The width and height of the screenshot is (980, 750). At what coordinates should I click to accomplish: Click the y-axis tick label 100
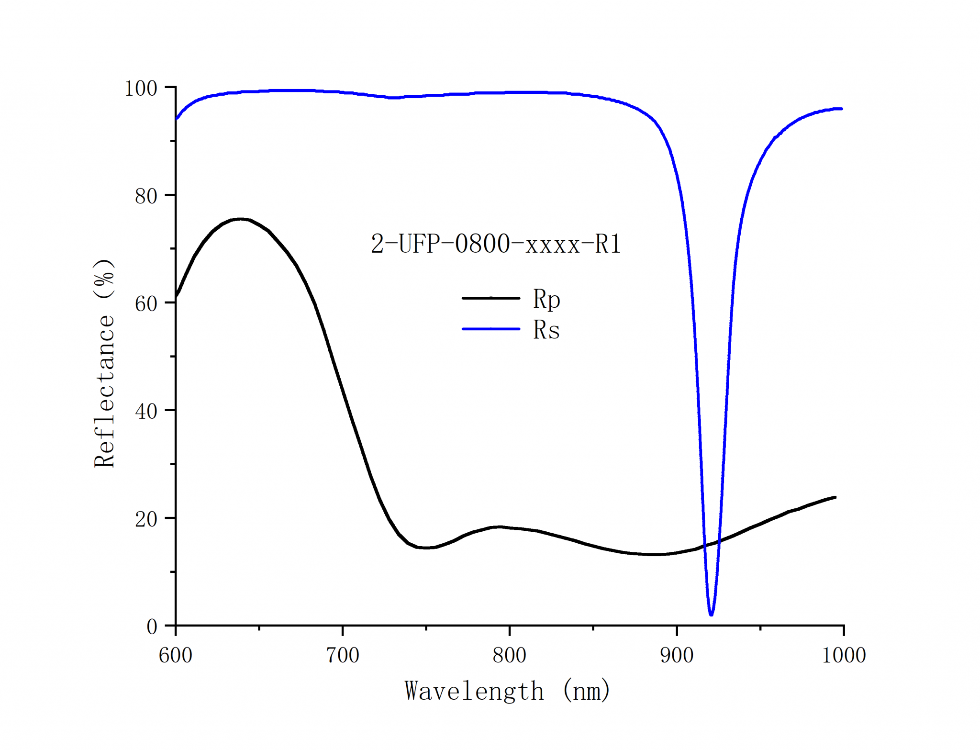[x=141, y=89]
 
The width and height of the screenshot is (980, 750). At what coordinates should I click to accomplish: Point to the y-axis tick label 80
[x=146, y=196]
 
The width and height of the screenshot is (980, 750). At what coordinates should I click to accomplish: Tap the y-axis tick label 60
[x=146, y=304]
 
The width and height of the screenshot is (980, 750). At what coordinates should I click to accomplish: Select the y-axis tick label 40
[x=146, y=412]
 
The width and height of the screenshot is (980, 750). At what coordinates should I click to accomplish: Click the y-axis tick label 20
[x=146, y=519]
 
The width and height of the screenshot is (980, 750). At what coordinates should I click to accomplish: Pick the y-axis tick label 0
[x=152, y=627]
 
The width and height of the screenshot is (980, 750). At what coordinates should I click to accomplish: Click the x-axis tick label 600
[x=176, y=655]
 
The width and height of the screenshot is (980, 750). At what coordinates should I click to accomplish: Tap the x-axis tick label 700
[x=343, y=655]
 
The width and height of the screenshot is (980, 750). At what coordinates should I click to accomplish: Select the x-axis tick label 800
[x=510, y=655]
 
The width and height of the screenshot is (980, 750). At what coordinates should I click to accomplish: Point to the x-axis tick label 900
[x=677, y=655]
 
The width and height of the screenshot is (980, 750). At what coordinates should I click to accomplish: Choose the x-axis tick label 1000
[x=844, y=655]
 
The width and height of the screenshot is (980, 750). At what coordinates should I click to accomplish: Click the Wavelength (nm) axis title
[x=507, y=691]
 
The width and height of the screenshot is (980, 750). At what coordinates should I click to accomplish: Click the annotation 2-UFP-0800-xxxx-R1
[x=496, y=244]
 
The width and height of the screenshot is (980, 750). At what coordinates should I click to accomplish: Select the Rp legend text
[x=546, y=300]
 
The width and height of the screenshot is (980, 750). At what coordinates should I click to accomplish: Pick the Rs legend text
[x=546, y=330]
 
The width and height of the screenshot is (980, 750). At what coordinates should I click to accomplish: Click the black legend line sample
[x=490, y=298]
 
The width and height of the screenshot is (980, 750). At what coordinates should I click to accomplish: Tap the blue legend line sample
[x=490, y=329]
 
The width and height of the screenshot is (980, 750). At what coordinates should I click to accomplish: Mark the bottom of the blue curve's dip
[x=711, y=614]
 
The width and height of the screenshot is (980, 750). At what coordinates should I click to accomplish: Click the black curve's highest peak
[x=241, y=219]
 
